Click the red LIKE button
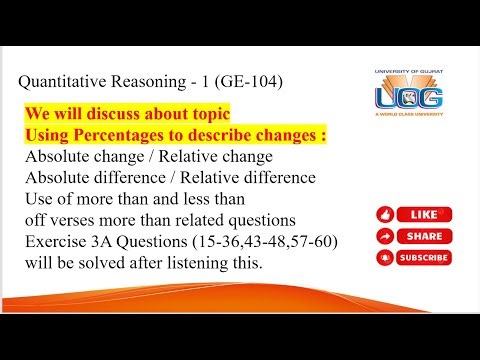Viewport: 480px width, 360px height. point(411,215)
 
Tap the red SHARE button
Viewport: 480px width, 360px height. point(411,236)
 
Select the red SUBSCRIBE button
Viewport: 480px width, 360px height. point(411,257)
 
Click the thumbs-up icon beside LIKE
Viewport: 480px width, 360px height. point(385,215)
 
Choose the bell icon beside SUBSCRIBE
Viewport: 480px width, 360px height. point(385,257)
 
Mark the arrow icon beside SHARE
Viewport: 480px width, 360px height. point(385,236)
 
